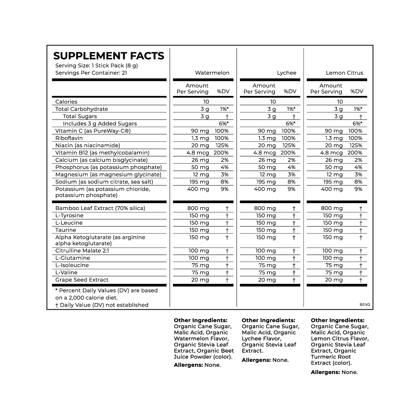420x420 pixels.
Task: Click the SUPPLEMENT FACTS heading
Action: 109,56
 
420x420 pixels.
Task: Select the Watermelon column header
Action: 212,73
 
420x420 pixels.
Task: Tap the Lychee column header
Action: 287,73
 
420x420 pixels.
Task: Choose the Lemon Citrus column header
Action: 345,73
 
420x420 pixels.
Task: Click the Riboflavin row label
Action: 69,138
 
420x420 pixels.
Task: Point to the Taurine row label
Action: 66,230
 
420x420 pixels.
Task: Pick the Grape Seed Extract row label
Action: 82,280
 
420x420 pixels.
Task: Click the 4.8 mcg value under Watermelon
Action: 198,153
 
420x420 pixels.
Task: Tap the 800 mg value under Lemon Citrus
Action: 333,208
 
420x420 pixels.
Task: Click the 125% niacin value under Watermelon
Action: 222,146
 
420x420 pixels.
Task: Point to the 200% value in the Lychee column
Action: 288,153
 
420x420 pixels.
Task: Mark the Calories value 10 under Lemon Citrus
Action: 340,102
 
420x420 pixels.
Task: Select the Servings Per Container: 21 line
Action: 91,73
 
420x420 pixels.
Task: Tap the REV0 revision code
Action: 364,305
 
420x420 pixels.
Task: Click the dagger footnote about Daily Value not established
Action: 102,305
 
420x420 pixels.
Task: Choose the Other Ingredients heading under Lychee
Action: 268,320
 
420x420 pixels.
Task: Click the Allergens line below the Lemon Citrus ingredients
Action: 334,372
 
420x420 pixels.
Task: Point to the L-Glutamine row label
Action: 73,258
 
